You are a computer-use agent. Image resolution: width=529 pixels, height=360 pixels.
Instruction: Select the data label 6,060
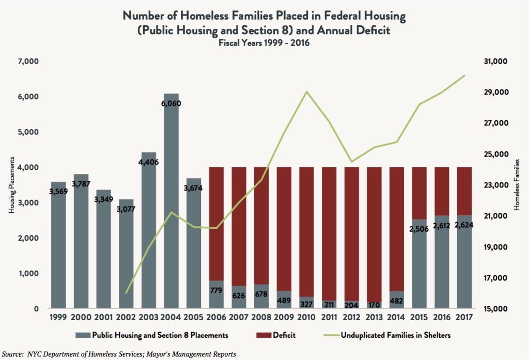[x=171, y=103]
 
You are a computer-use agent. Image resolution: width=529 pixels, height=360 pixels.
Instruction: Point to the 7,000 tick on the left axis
[x=28, y=61]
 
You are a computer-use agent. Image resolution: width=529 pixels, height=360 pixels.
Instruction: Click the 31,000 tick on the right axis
[x=497, y=61]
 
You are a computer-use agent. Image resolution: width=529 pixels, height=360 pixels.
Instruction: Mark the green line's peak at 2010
[x=307, y=92]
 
